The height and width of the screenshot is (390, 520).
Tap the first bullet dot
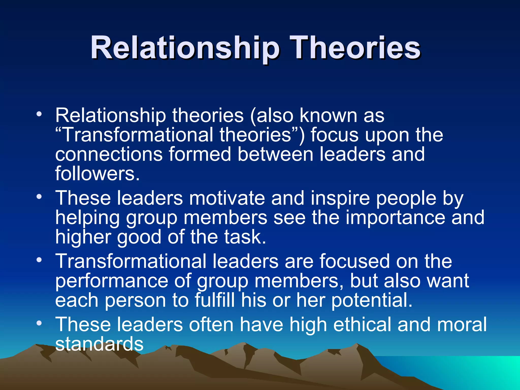tap(39, 114)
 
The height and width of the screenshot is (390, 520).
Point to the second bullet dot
tap(39, 197)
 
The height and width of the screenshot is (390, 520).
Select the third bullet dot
tap(39, 260)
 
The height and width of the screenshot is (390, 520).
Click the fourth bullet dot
tap(39, 323)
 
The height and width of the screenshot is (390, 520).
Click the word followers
tap(97, 174)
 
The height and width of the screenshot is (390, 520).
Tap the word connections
tap(109, 154)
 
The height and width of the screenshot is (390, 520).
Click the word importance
tap(395, 218)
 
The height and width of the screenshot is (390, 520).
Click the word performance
tap(112, 281)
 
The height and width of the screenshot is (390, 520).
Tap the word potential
tap(372, 300)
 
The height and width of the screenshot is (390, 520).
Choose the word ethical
tap(362, 325)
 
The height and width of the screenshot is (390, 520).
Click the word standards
tap(99, 344)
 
